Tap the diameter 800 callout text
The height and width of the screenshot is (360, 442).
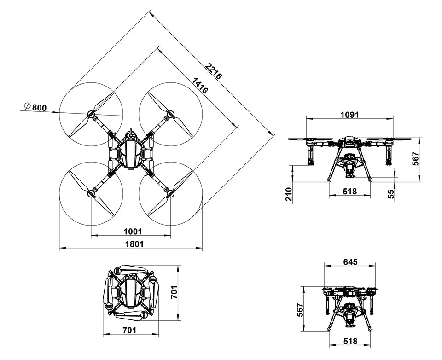click(x=36, y=107)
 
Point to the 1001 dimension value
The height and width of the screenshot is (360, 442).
click(x=134, y=231)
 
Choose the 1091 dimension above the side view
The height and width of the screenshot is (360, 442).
click(x=349, y=115)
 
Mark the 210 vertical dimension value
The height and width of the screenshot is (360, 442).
click(x=289, y=195)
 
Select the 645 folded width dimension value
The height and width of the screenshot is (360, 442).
click(x=350, y=262)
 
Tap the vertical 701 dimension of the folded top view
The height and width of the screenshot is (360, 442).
click(x=174, y=292)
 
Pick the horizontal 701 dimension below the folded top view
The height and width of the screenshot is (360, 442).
click(x=130, y=330)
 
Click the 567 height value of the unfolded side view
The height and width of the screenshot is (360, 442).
click(x=415, y=158)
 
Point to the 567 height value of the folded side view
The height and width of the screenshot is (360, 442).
click(x=300, y=310)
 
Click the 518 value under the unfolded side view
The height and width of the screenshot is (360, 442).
click(x=350, y=191)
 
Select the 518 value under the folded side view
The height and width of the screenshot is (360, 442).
click(x=350, y=341)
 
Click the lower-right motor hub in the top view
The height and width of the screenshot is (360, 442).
click(x=170, y=193)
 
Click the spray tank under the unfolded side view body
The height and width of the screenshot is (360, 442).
click(x=350, y=165)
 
